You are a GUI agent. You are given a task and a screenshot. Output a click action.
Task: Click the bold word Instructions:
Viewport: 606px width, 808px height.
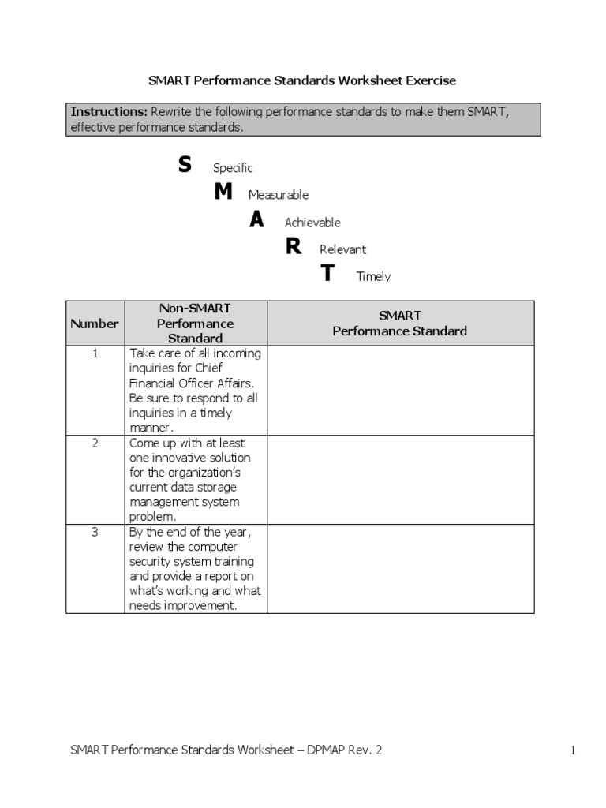point(108,112)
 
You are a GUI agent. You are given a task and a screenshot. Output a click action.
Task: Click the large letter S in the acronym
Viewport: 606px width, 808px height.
point(185,166)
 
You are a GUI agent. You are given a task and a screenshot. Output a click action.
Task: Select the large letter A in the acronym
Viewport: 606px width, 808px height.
point(256,221)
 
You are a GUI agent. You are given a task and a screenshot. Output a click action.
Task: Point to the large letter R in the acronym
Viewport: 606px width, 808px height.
point(294,248)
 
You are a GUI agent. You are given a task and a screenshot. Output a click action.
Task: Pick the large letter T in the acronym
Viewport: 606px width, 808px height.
point(327,275)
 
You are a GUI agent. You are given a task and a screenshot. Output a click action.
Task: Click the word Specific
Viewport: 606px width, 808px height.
point(233,168)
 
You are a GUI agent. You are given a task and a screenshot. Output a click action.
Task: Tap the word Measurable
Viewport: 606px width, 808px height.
point(279,195)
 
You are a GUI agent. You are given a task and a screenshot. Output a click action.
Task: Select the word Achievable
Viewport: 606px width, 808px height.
point(312,223)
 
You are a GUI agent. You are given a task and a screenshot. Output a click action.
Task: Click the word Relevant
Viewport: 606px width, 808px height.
point(343,249)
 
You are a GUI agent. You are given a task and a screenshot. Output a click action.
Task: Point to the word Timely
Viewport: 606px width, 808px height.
point(373,277)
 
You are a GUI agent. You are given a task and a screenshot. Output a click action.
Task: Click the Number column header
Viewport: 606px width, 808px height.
point(95,324)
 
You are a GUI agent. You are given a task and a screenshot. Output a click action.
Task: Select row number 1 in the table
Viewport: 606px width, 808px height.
point(95,353)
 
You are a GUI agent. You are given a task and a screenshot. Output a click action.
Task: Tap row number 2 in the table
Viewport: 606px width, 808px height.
point(95,443)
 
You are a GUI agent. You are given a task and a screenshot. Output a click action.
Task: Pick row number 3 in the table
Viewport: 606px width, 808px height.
point(95,532)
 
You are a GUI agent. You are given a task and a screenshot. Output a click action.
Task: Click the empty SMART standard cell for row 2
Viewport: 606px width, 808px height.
point(400,479)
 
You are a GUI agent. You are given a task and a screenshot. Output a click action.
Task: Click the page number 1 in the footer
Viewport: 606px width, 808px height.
point(574,752)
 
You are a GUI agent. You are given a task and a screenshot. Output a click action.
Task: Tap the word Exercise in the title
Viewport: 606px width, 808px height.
point(431,80)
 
